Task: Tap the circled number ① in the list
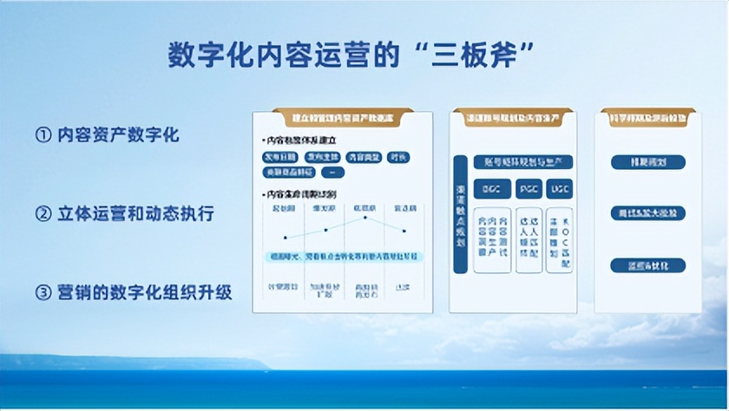[43, 135]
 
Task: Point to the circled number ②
[43, 213]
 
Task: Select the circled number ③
[43, 292]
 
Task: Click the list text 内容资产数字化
[119, 135]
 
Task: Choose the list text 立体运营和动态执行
[136, 213]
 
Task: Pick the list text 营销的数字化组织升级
[145, 292]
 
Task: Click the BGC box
[492, 187]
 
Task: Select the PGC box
[529, 187]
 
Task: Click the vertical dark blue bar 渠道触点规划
[460, 213]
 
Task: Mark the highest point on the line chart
[365, 218]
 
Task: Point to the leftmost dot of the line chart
[285, 237]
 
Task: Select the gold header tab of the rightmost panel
[647, 115]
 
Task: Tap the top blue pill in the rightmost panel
[647, 162]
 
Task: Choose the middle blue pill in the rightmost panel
[647, 213]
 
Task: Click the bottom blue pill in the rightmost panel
[647, 264]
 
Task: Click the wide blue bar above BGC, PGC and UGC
[523, 161]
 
